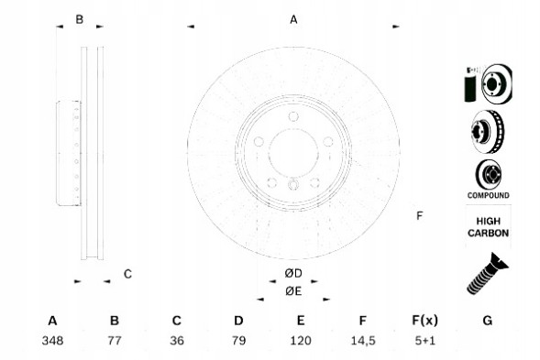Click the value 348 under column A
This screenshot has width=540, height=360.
click(x=52, y=341)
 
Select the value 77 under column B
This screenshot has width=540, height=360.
click(x=115, y=341)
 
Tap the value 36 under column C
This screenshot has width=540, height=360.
click(x=177, y=341)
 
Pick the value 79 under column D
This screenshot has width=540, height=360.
click(x=238, y=341)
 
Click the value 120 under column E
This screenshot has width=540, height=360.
click(x=301, y=341)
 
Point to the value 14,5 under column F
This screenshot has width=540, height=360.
click(x=363, y=341)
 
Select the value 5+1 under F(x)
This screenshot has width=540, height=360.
click(x=425, y=341)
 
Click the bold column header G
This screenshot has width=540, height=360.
click(x=488, y=321)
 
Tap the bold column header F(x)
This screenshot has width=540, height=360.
click(x=425, y=321)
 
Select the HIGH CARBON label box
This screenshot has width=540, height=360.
click(x=488, y=227)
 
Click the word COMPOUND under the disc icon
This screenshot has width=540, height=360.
click(x=487, y=195)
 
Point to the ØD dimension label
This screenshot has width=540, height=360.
click(x=293, y=274)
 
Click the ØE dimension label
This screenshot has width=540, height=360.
click(x=293, y=291)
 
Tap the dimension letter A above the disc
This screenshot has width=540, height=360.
click(x=294, y=19)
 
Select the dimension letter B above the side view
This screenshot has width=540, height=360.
click(x=80, y=19)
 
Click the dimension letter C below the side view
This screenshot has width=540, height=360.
click(x=128, y=273)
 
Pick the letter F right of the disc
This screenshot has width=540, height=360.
click(x=419, y=216)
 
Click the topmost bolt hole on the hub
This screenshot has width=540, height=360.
click(x=293, y=117)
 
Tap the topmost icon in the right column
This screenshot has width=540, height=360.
click(x=487, y=84)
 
